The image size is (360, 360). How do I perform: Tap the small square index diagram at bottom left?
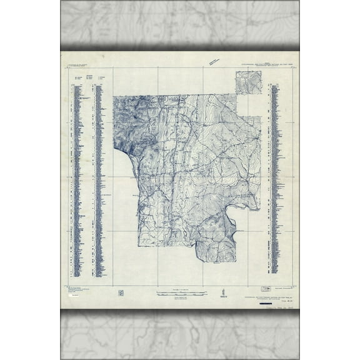[x=120, y=291]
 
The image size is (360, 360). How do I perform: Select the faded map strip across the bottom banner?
[x=180, y=334]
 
